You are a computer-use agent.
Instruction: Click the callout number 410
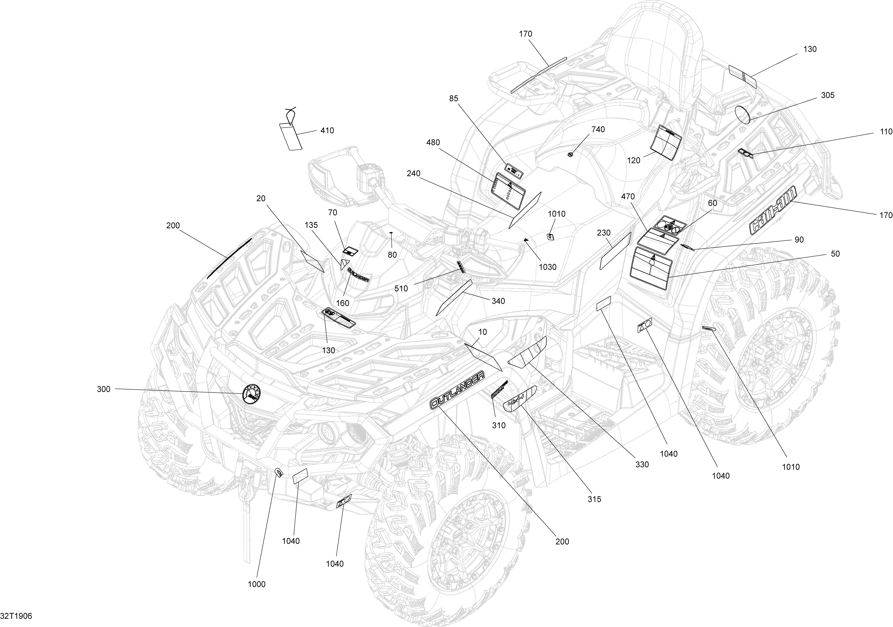pos(327,131)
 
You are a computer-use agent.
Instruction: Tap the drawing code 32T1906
pos(16,616)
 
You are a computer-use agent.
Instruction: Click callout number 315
pos(594,499)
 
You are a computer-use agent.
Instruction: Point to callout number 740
pos(598,129)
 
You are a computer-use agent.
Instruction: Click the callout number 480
pos(433,143)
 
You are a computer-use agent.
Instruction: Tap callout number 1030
pos(548,267)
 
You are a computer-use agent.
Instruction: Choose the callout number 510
pos(401,289)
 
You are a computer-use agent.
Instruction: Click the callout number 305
pos(828,95)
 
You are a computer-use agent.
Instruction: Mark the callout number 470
pos(628,197)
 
